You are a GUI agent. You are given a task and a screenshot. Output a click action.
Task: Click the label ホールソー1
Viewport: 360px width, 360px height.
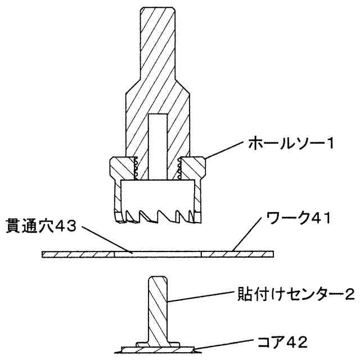(292, 144)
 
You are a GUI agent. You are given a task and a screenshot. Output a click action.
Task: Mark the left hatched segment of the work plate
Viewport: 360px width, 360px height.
(78, 254)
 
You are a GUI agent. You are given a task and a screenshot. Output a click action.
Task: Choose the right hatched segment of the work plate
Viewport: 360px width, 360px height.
(237, 254)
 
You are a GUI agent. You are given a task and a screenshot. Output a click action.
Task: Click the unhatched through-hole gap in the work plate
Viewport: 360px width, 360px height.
(157, 254)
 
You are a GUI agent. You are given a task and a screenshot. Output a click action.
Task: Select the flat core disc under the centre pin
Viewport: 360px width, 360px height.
(157, 350)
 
